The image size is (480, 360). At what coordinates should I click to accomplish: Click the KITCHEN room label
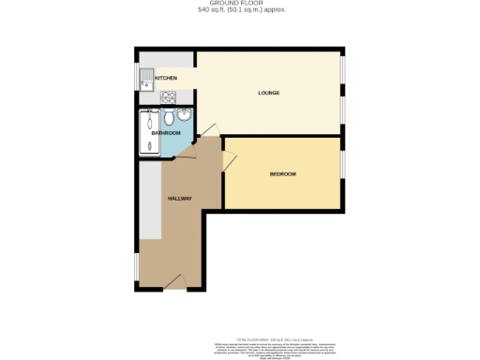(166, 78)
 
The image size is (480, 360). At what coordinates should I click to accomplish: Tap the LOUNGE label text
(270, 92)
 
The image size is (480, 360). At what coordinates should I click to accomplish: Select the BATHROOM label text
(166, 133)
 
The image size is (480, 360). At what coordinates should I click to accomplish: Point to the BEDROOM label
(283, 174)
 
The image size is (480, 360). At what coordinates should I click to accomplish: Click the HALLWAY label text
(180, 199)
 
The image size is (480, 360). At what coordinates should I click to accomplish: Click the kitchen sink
(147, 79)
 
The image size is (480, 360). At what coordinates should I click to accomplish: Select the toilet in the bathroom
(184, 117)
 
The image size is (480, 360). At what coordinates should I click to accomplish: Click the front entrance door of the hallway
(171, 280)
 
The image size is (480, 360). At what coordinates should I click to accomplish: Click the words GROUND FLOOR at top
(240, 4)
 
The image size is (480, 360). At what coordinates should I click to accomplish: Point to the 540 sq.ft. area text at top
(240, 10)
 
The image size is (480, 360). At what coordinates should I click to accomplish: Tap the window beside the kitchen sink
(137, 79)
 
